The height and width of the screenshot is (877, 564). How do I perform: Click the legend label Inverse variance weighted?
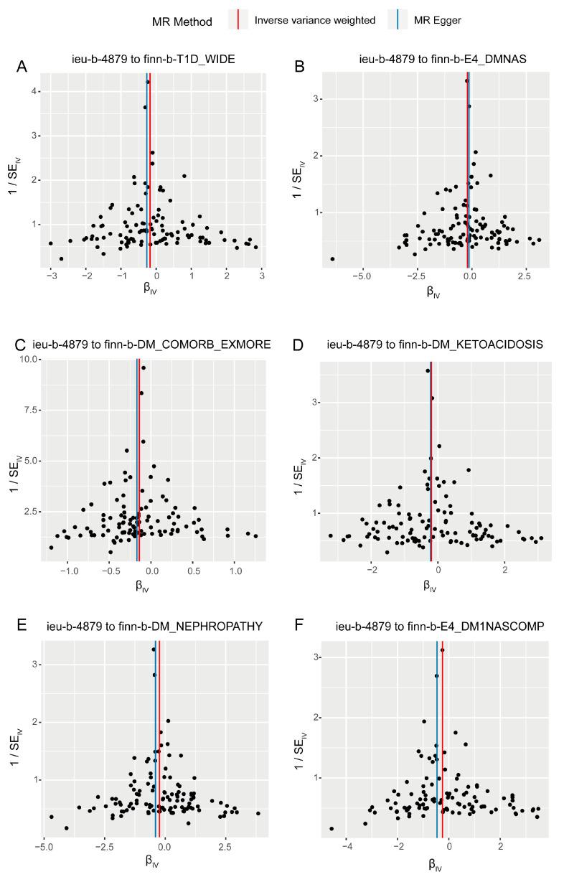point(314,20)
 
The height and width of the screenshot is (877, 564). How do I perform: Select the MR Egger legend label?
point(437,20)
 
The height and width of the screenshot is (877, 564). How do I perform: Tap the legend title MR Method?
point(182,22)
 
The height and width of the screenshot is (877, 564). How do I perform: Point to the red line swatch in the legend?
point(238,20)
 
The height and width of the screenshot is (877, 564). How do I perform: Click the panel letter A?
point(23,67)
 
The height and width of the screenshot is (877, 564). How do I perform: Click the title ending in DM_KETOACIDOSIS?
point(435,344)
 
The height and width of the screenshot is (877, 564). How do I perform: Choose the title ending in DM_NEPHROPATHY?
point(154,627)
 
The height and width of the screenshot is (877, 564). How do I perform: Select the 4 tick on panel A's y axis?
point(35,91)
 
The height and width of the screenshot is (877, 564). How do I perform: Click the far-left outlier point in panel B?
point(332,259)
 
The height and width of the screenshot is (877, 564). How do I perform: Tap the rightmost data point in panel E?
point(258,813)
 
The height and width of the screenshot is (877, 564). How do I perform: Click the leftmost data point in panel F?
point(332,828)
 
